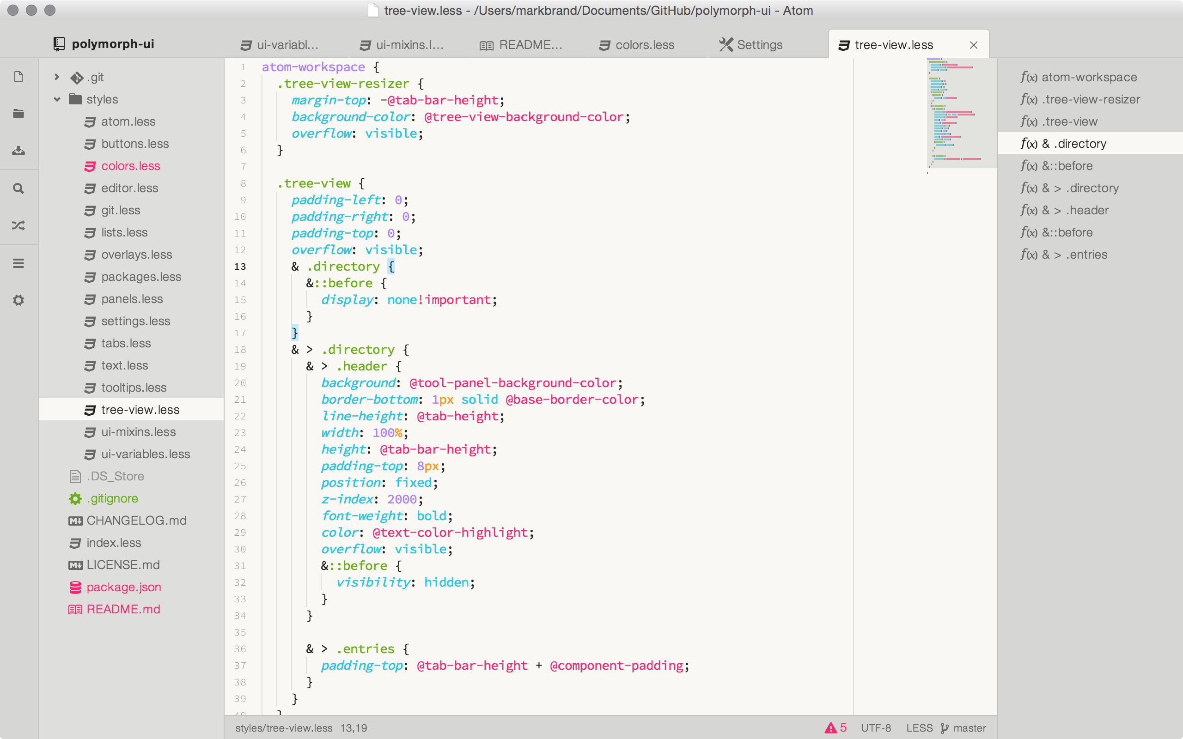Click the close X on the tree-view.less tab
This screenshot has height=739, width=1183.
[x=973, y=45]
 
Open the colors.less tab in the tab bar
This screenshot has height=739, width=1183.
[x=636, y=45]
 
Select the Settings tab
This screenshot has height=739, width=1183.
[x=751, y=45]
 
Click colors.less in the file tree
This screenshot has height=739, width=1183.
[x=130, y=166]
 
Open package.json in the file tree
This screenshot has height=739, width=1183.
[x=124, y=587]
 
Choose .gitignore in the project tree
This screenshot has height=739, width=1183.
[x=112, y=498]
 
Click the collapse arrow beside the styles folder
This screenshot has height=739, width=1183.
[x=57, y=99]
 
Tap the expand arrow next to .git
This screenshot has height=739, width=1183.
[x=57, y=77]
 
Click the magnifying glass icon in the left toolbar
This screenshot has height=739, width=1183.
[x=18, y=188]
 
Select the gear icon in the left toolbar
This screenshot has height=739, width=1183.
[x=18, y=300]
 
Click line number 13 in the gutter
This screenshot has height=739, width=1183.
[x=240, y=267]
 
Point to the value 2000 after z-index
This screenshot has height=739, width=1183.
[x=402, y=499]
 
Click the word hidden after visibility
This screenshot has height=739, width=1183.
[x=446, y=582]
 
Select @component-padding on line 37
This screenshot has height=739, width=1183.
[x=616, y=666]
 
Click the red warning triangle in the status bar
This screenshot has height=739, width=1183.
[x=830, y=728]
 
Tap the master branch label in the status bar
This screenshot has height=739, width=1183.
[x=970, y=728]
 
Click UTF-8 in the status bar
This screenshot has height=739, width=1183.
[x=876, y=728]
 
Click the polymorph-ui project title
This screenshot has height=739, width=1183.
[x=113, y=44]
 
